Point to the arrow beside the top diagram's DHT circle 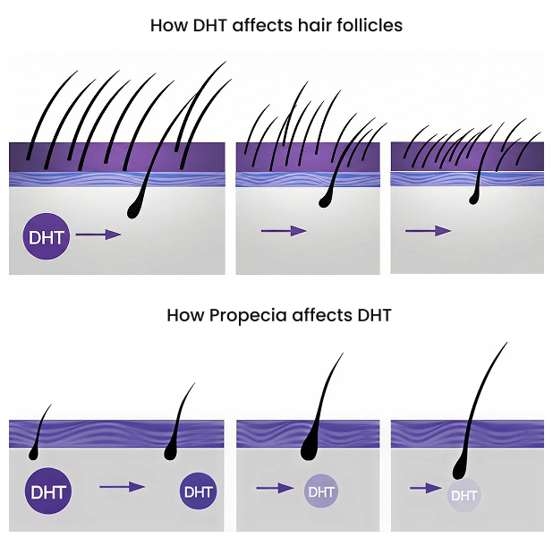pyautogui.click(x=98, y=235)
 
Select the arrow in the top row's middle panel pyautogui.click(x=283, y=231)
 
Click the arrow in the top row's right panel pyautogui.click(x=428, y=231)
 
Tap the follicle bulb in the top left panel pyautogui.click(x=135, y=209)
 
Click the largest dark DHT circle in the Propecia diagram pyautogui.click(x=47, y=491)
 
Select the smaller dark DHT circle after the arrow pyautogui.click(x=198, y=491)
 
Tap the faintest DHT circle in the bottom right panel pyautogui.click(x=464, y=494)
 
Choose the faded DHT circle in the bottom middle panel pyautogui.click(x=321, y=491)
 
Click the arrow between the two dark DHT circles pyautogui.click(x=122, y=487)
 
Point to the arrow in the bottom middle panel pyautogui.click(x=276, y=488)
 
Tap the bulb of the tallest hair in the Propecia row pyautogui.click(x=460, y=467)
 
